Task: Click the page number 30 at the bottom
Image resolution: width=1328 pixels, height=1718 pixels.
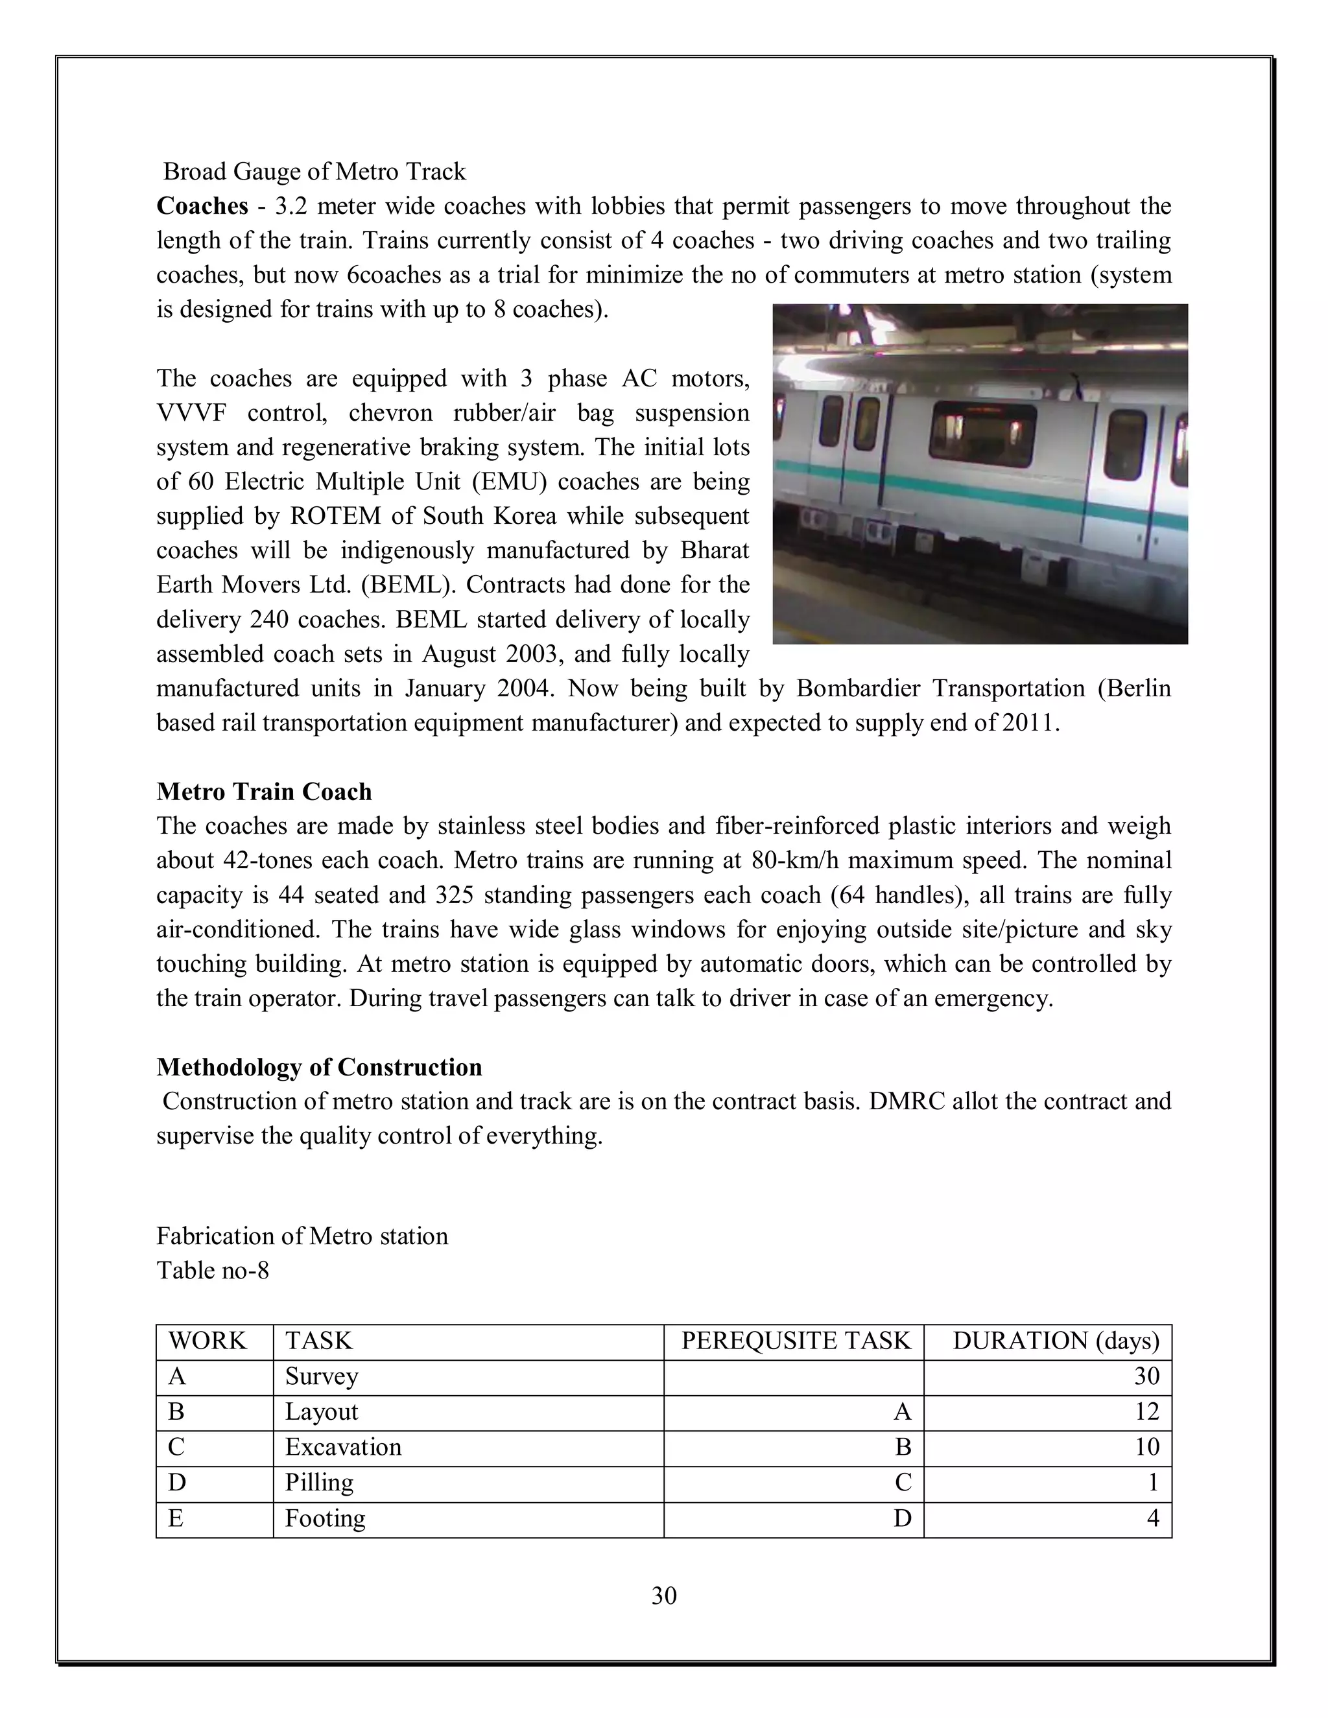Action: (x=664, y=1595)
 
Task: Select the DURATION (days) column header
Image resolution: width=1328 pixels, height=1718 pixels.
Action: (x=1056, y=1341)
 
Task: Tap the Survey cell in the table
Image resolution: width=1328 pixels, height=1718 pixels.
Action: (x=321, y=1376)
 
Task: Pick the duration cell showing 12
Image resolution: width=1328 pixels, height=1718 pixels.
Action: (x=1146, y=1411)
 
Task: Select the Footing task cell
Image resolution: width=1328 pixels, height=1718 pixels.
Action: (x=325, y=1518)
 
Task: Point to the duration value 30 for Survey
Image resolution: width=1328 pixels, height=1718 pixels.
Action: (x=1146, y=1376)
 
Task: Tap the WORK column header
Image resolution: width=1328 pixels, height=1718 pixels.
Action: (x=207, y=1341)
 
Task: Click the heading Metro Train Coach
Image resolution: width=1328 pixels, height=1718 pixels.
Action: (x=265, y=792)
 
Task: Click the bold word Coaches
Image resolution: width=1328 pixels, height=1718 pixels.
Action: (x=202, y=206)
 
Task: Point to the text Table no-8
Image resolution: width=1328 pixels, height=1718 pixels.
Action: (x=213, y=1271)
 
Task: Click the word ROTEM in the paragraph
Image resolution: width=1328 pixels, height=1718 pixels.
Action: (x=336, y=516)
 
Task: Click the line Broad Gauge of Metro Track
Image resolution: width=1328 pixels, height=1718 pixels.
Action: (x=314, y=172)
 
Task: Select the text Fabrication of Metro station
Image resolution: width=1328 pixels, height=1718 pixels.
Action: (x=302, y=1236)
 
